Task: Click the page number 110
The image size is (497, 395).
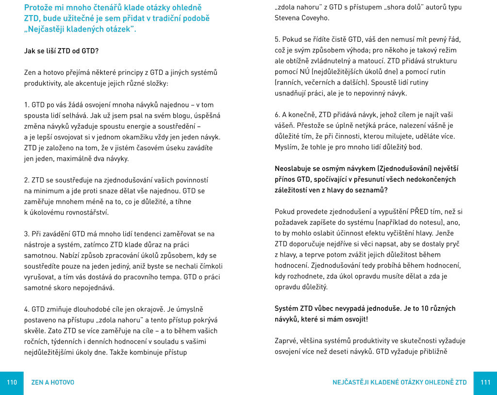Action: point(12,382)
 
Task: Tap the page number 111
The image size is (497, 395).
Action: point(485,382)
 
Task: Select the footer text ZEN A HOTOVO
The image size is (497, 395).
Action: point(53,382)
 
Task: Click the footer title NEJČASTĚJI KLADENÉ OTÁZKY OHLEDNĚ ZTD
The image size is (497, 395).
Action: point(399,382)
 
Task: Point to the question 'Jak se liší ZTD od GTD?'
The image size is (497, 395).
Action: point(62,51)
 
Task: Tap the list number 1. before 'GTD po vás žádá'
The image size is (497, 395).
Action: point(27,105)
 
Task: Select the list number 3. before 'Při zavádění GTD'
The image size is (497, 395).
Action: point(27,234)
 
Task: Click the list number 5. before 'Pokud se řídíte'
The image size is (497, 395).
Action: point(278,40)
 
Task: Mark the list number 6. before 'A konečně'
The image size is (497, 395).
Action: point(278,115)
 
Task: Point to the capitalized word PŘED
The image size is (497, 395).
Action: point(419,212)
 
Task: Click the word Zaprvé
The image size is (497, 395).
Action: point(286,341)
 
